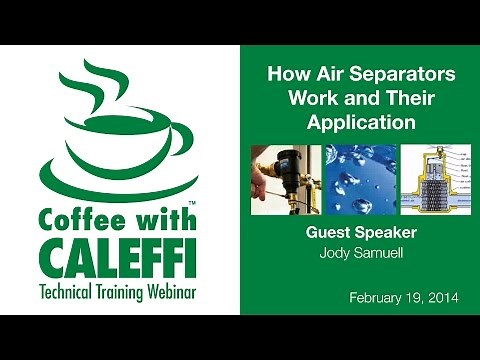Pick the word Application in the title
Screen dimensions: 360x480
tap(350, 124)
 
